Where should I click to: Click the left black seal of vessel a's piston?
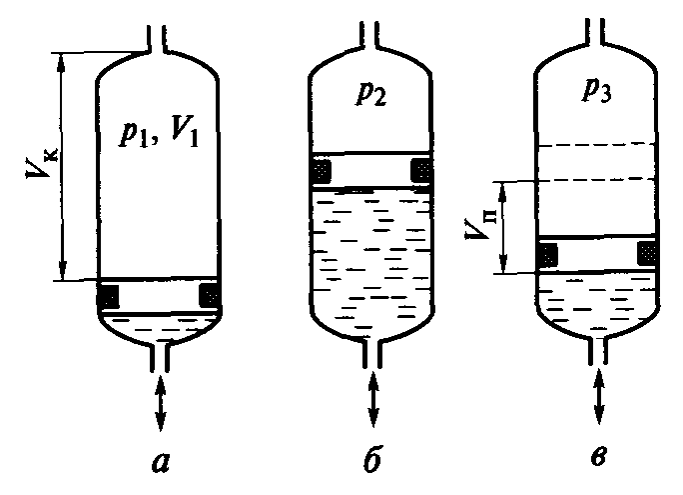click(x=109, y=296)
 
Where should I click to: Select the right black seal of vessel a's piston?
click(x=211, y=296)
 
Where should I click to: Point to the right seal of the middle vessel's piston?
click(x=423, y=170)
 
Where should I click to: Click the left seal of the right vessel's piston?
click(x=546, y=255)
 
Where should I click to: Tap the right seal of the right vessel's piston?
click(x=648, y=254)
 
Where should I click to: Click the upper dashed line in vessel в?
click(x=597, y=148)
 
